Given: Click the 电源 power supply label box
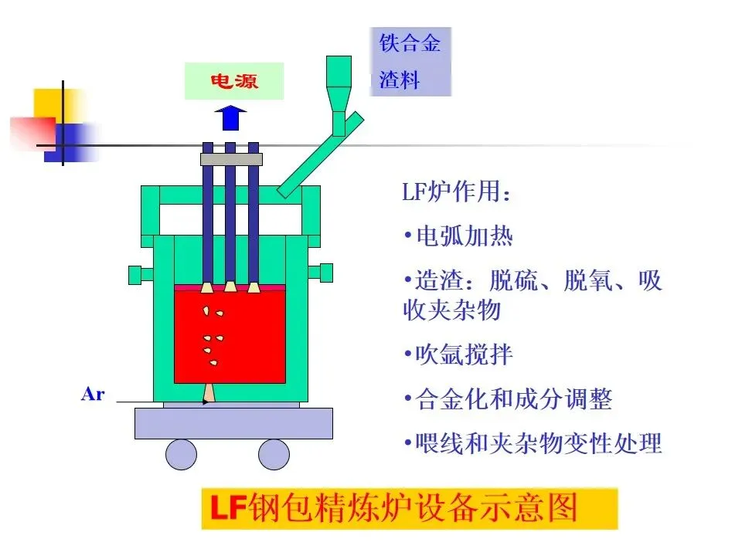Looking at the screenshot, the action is click(234, 81).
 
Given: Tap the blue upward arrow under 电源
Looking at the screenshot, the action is click(230, 120).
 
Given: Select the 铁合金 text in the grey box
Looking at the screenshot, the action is click(410, 42).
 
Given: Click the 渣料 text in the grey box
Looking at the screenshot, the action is click(400, 79).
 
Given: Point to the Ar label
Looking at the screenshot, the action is click(92, 395).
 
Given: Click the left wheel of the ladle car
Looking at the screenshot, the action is click(181, 453).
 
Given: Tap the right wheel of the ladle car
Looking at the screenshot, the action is click(274, 453).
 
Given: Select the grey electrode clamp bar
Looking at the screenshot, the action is click(231, 159).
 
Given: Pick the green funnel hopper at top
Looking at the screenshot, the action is click(339, 85).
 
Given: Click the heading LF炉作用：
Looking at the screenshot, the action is click(456, 192).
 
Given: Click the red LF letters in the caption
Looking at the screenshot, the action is click(228, 509).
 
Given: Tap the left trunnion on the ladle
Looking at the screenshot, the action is click(140, 273).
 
